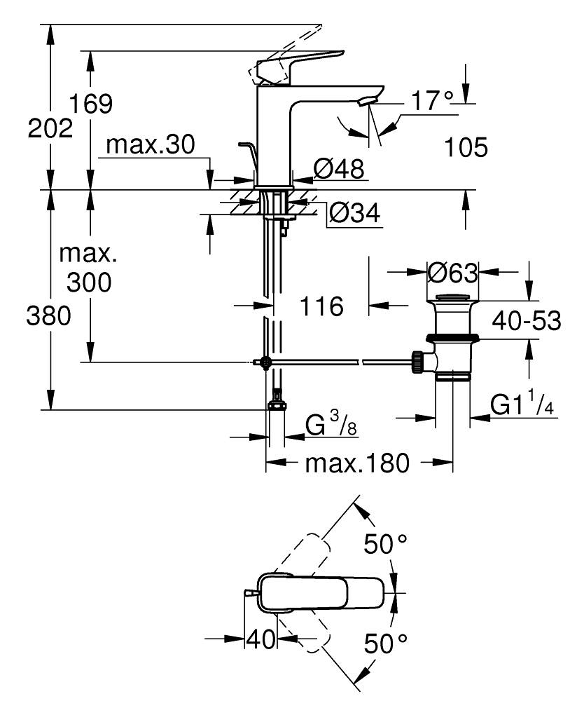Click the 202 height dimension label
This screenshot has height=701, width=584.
pos(50,129)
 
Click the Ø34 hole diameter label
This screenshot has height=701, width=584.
pos(354,212)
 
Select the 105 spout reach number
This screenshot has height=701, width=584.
pos(466,148)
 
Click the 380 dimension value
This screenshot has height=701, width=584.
pos(50,317)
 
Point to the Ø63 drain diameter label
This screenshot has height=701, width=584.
pos(452,271)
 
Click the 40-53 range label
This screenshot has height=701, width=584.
pos(527,321)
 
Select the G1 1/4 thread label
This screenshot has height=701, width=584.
pos(522,406)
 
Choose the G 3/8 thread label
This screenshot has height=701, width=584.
pos(331,426)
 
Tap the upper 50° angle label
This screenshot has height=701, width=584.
pos(384,543)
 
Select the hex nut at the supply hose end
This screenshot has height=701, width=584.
pos(276,406)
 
